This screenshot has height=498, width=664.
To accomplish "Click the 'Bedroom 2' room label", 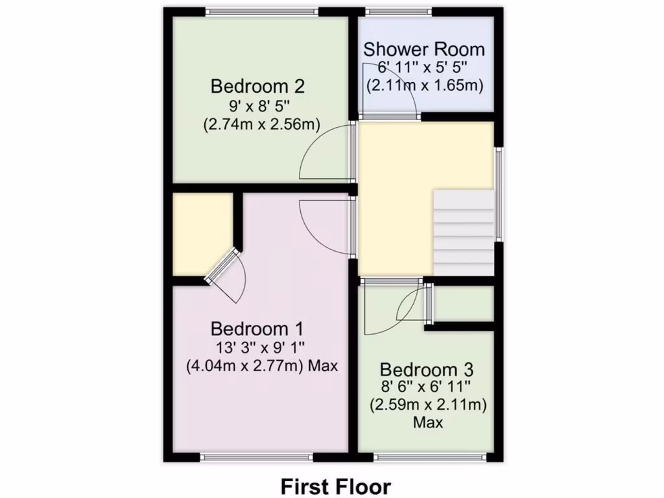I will coord(257,86).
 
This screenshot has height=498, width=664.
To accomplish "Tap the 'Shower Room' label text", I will coord(423,49).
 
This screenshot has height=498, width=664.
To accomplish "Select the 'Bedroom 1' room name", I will coord(257,328).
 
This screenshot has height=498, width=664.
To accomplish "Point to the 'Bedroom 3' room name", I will coord(426,370).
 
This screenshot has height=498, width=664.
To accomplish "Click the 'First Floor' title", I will coord(335,486).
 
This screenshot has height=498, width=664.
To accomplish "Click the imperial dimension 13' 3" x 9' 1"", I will coord(257,347).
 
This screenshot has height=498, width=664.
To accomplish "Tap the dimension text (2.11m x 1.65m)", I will coord(425,85).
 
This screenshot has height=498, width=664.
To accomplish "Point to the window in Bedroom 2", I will coord(262,11).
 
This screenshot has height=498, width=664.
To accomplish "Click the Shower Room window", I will coord(398,11).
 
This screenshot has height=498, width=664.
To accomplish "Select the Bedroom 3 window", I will coord(429,457).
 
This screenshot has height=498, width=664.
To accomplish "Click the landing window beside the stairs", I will coord(499,195).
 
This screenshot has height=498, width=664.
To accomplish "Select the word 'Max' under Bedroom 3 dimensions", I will coord(428,423).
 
